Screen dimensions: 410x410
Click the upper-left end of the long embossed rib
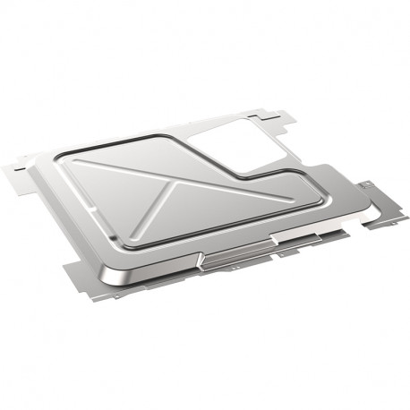pyautogui.click(x=78, y=162)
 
